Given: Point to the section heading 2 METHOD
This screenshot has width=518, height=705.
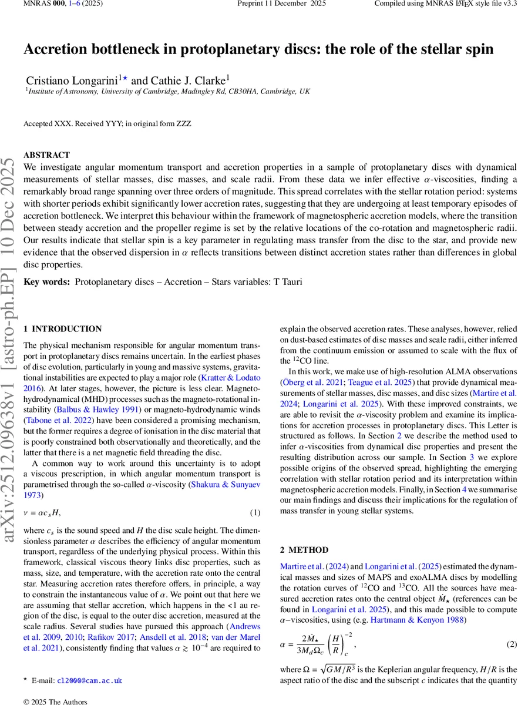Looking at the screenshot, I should (x=304, y=550).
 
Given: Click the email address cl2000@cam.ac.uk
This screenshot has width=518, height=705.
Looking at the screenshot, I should (x=89, y=680).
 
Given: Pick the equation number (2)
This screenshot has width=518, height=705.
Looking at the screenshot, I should (x=512, y=644).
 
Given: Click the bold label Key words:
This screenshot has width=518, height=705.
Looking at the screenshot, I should (x=47, y=282).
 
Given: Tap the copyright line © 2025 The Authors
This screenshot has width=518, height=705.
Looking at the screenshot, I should (x=55, y=701).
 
